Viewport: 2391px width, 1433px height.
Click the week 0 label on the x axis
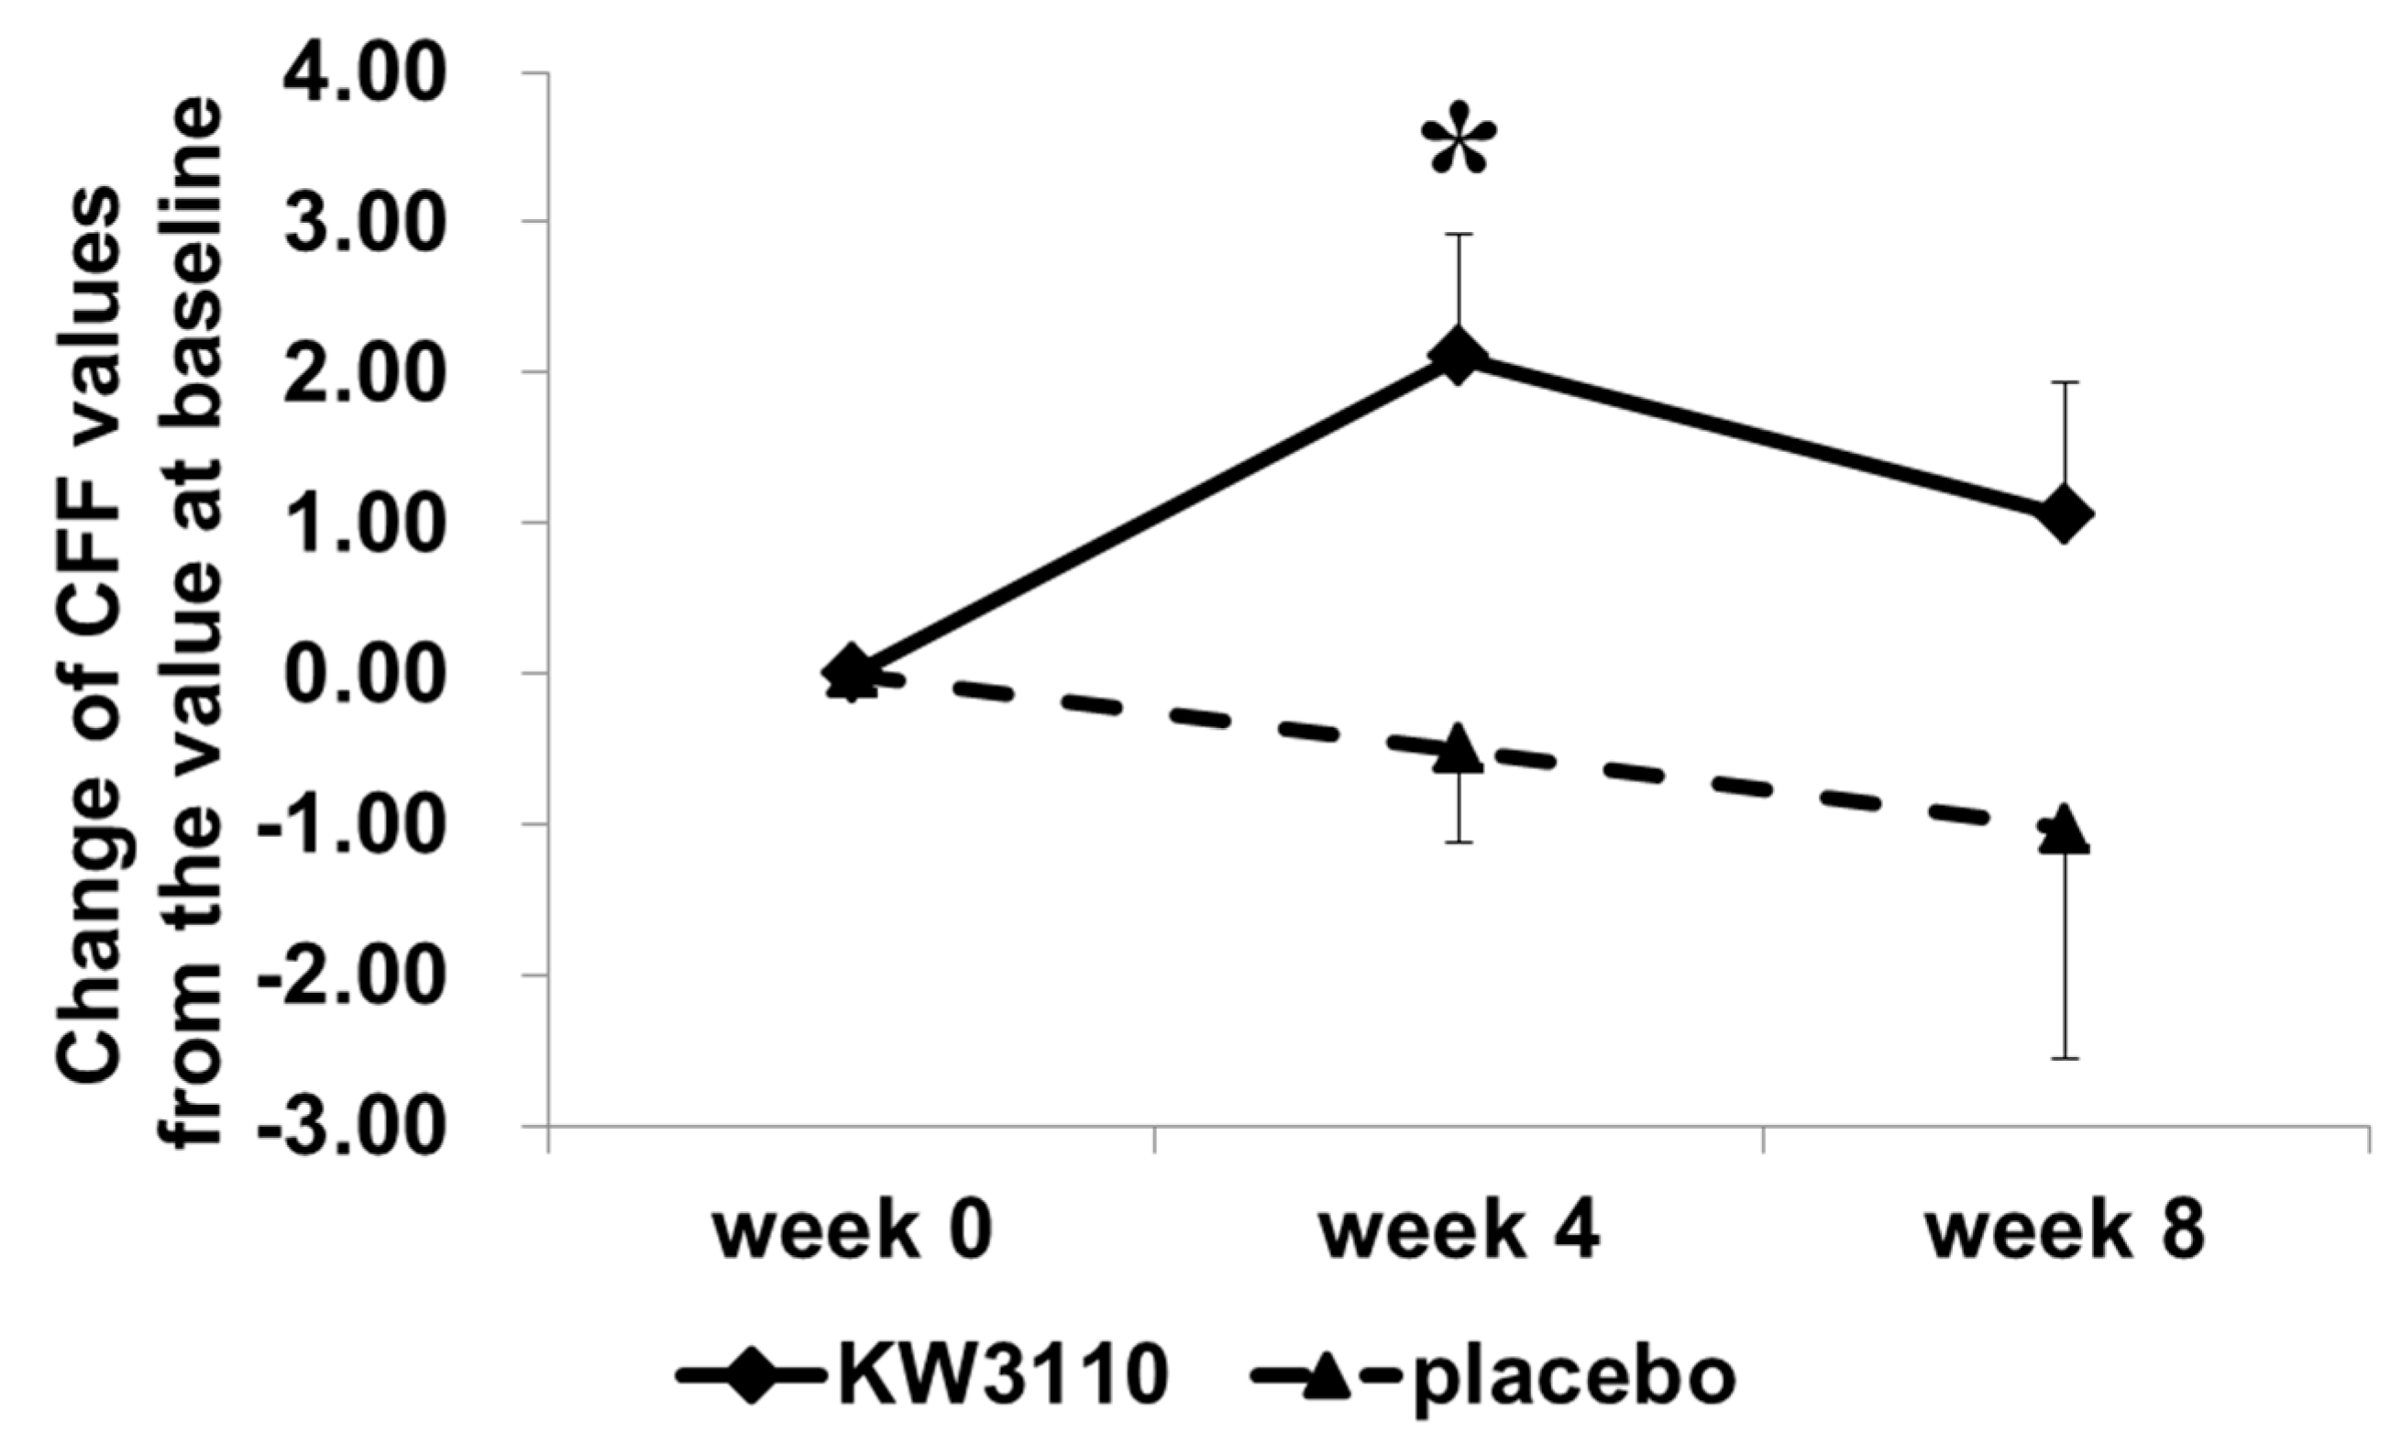[853, 1234]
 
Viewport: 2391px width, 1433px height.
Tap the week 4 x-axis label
[1460, 1234]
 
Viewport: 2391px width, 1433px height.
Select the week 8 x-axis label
[2065, 1234]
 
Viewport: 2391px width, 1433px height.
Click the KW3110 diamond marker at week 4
[1459, 356]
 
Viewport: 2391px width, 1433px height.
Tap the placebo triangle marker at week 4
[1459, 748]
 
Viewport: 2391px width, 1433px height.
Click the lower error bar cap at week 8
[2065, 1059]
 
